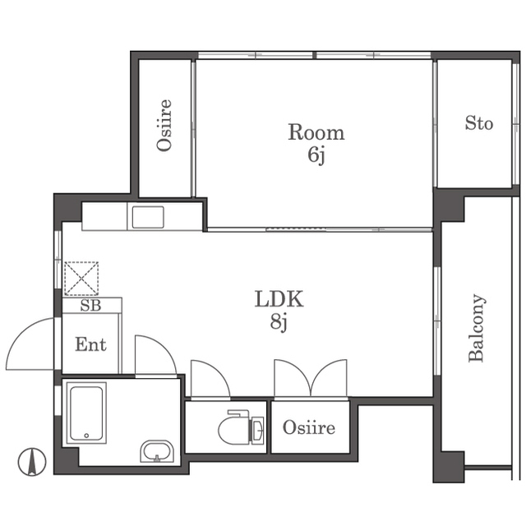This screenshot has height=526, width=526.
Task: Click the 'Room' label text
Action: [316, 132]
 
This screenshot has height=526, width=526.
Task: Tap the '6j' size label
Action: [316, 155]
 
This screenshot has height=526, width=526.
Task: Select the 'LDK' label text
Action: [279, 299]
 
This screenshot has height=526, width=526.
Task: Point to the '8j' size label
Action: [279, 322]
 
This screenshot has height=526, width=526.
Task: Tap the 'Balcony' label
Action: [477, 328]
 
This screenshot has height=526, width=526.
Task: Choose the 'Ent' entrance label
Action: [90, 344]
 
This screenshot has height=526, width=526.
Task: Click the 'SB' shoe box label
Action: [90, 305]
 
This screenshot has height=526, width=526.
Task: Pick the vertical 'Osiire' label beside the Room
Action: [164, 125]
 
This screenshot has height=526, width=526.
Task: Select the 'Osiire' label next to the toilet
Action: [309, 427]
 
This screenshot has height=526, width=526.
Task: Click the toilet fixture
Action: [235, 427]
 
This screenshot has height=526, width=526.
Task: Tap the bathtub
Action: [86, 413]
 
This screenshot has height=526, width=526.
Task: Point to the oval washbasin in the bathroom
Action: [157, 451]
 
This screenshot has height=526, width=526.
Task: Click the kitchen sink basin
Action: [148, 217]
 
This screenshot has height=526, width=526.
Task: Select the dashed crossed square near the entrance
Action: [81, 279]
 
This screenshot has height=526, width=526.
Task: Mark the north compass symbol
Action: [32, 462]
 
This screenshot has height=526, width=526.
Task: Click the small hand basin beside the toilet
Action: [256, 429]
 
